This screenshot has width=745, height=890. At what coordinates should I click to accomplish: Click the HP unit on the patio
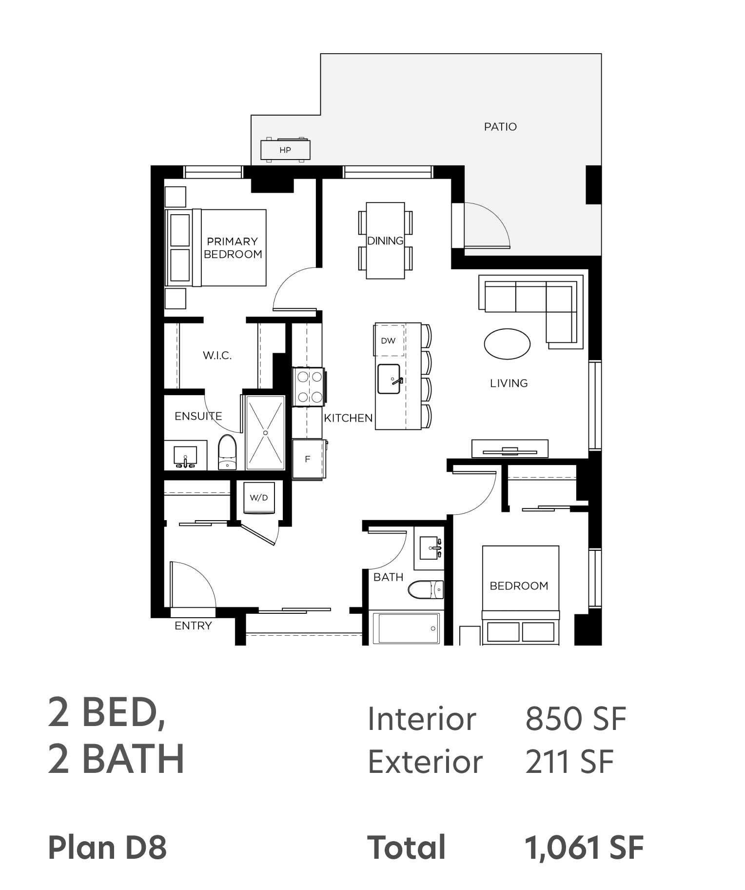pyautogui.click(x=285, y=150)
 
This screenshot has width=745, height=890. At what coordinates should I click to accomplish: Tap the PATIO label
pyautogui.click(x=500, y=127)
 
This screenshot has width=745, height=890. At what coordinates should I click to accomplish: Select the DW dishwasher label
pyautogui.click(x=388, y=341)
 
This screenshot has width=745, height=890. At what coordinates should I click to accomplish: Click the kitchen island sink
pyautogui.click(x=389, y=379)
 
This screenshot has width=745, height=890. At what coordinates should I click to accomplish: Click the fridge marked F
pyautogui.click(x=309, y=459)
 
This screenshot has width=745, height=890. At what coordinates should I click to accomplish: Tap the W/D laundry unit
pyautogui.click(x=259, y=498)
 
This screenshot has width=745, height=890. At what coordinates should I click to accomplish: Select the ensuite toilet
pyautogui.click(x=227, y=452)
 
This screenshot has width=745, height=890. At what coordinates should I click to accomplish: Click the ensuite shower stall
pyautogui.click(x=265, y=433)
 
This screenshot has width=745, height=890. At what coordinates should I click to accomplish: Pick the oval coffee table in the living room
pyautogui.click(x=507, y=344)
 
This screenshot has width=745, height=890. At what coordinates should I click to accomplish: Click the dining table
pyautogui.click(x=385, y=241)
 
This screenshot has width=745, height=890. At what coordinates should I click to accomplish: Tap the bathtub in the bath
pyautogui.click(x=406, y=628)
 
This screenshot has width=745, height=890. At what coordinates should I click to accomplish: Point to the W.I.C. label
pyautogui.click(x=217, y=356)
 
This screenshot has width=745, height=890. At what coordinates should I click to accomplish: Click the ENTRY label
pyautogui.click(x=193, y=626)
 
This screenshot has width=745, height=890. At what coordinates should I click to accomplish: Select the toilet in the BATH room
pyautogui.click(x=426, y=589)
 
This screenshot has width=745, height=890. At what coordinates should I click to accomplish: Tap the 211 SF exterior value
pyautogui.click(x=569, y=761)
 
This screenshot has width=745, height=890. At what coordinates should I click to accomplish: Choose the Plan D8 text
pyautogui.click(x=107, y=847)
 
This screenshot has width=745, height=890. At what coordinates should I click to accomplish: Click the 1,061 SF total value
pyautogui.click(x=584, y=847)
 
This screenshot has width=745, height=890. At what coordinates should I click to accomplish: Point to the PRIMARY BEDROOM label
pyautogui.click(x=233, y=248)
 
